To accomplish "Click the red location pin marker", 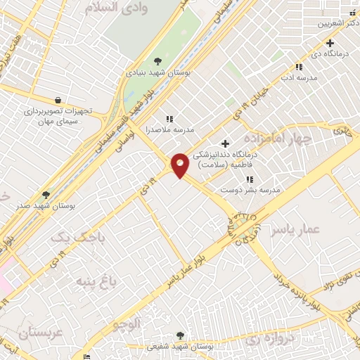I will [180, 165].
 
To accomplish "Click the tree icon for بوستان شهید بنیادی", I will [157, 60].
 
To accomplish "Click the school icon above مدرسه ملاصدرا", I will [168, 119].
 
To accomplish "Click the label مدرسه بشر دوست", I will [260, 190].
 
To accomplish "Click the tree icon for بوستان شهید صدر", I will [46, 195].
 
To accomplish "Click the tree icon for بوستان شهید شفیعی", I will [181, 335].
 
